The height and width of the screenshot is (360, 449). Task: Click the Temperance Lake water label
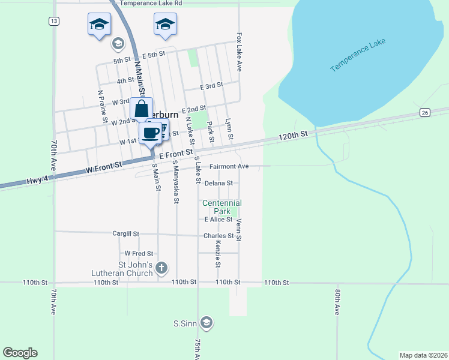coord(358,56)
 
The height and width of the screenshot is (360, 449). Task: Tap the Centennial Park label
coord(221,208)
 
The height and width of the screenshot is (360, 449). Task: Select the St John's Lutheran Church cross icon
coord(161,267)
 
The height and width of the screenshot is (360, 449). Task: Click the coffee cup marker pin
coord(150,133)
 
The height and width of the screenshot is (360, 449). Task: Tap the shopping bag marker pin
coord(141,109)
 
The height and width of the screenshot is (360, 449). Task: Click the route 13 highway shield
coord(54,21)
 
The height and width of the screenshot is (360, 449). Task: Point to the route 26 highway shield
coord(425,113)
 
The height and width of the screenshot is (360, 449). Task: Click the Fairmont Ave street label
coord(229,166)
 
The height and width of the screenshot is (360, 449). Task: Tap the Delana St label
coord(218,183)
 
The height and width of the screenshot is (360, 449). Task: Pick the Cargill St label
coord(126,233)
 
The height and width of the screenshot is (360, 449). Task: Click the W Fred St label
coord(139,254)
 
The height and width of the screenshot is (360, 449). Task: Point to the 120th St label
coord(293,136)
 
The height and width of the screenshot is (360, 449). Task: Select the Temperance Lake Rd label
coord(151,4)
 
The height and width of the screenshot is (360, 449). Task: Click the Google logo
coord(20,353)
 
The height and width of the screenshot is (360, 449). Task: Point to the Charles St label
coord(218,236)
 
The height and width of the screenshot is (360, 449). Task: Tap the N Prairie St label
coord(101,107)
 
